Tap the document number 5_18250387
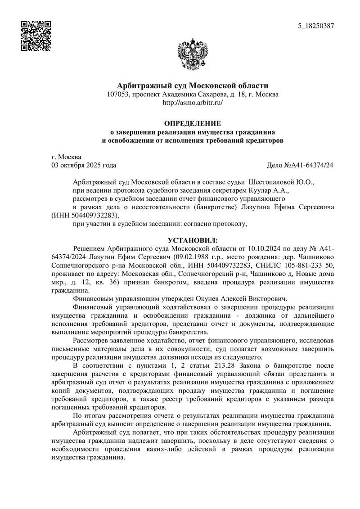316,26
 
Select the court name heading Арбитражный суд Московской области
193,86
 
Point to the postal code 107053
118,95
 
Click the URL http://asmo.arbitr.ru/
193,103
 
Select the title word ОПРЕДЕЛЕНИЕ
193,123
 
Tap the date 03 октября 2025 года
84,165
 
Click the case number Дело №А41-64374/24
301,165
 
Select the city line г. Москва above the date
67,157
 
